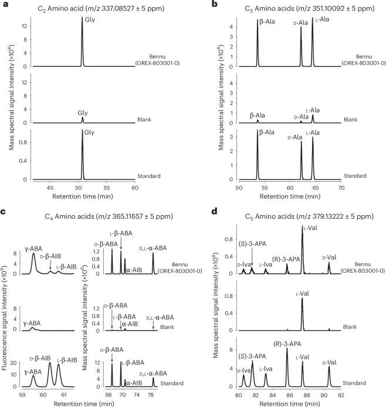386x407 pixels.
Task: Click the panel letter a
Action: (4, 4)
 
